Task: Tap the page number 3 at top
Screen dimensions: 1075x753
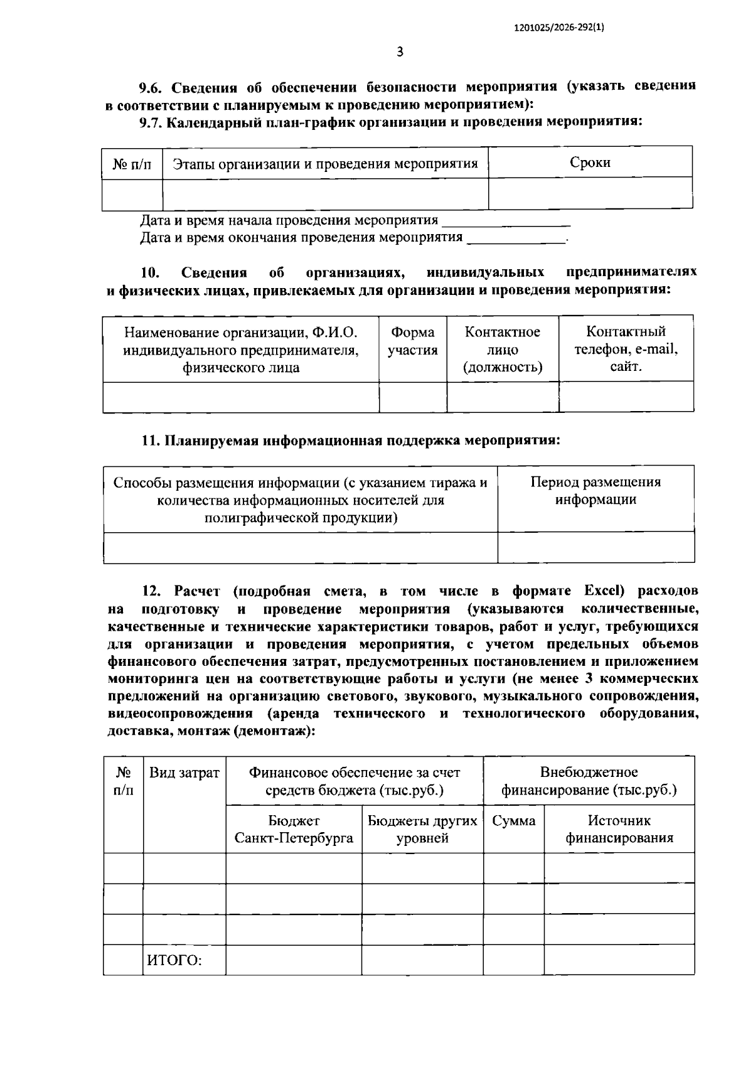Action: [400, 52]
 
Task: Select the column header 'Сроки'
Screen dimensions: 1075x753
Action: [590, 163]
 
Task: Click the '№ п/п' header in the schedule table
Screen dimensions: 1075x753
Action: [132, 164]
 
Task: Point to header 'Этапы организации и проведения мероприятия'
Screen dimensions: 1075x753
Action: [325, 164]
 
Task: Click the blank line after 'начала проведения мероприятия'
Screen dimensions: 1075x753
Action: [506, 222]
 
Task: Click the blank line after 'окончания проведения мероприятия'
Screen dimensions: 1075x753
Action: [516, 239]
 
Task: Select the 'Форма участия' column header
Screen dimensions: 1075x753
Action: [412, 341]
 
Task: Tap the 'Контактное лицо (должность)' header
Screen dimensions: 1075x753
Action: [502, 350]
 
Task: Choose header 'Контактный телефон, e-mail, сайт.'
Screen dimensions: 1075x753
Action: [626, 349]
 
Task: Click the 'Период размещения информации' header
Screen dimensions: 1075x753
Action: [595, 491]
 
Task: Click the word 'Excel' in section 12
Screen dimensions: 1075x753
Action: [604, 591]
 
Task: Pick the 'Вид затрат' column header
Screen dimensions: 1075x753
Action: [184, 773]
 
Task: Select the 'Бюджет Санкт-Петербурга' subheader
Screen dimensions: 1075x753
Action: [294, 830]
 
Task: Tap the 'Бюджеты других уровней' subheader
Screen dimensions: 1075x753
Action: [422, 830]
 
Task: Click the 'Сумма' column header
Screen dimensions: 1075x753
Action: [513, 821]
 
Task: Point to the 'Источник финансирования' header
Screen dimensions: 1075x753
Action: [619, 830]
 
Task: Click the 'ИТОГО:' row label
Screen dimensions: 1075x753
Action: [174, 960]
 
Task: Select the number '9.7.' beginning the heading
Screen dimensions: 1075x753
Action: [151, 122]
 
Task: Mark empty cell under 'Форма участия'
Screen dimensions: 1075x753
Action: [412, 397]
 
